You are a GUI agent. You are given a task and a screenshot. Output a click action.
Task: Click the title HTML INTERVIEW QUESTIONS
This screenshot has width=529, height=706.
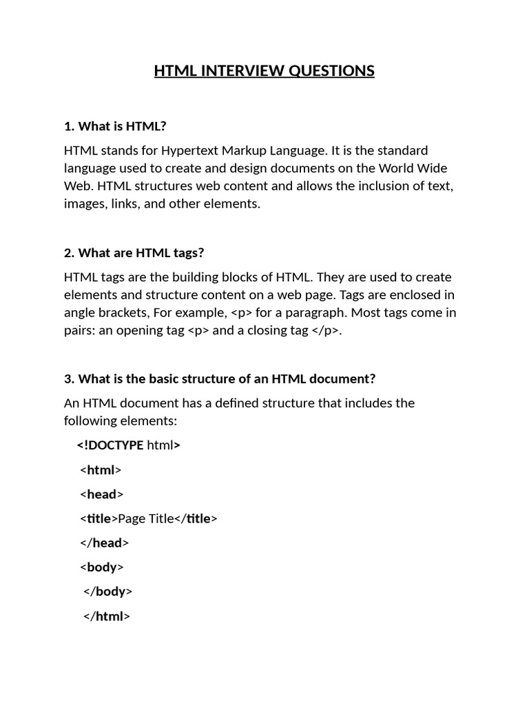264,71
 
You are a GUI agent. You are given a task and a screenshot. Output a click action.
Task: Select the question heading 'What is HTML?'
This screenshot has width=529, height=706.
116,126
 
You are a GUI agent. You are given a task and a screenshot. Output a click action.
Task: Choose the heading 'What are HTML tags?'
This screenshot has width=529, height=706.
134,253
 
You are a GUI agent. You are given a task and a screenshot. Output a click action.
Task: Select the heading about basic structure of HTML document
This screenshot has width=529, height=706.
220,379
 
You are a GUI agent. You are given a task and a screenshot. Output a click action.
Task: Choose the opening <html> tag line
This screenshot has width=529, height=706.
101,470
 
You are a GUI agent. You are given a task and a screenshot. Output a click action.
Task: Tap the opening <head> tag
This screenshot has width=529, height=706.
102,494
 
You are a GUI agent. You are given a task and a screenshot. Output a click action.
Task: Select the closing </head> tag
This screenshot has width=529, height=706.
105,543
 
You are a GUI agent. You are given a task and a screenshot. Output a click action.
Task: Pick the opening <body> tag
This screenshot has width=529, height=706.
102,567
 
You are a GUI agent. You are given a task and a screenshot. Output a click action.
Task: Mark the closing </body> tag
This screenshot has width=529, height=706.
108,592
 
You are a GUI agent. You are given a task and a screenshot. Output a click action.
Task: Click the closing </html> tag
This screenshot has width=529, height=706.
107,616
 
